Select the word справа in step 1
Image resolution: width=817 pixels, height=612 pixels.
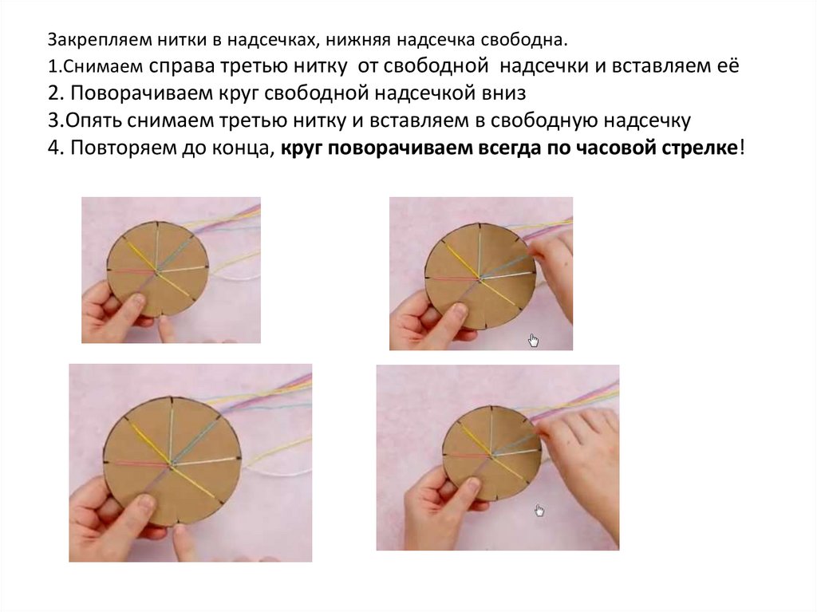(181, 67)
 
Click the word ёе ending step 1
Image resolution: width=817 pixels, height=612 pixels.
(728, 65)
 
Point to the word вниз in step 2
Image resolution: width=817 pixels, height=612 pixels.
(504, 93)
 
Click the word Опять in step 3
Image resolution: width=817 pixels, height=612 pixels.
(93, 121)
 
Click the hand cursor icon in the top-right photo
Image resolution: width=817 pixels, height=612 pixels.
(533, 341)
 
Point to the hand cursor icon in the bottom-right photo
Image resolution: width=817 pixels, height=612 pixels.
(539, 511)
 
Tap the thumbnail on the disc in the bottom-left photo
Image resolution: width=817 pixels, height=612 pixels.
(145, 503)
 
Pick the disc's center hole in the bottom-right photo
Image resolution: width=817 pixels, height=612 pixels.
(491, 456)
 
